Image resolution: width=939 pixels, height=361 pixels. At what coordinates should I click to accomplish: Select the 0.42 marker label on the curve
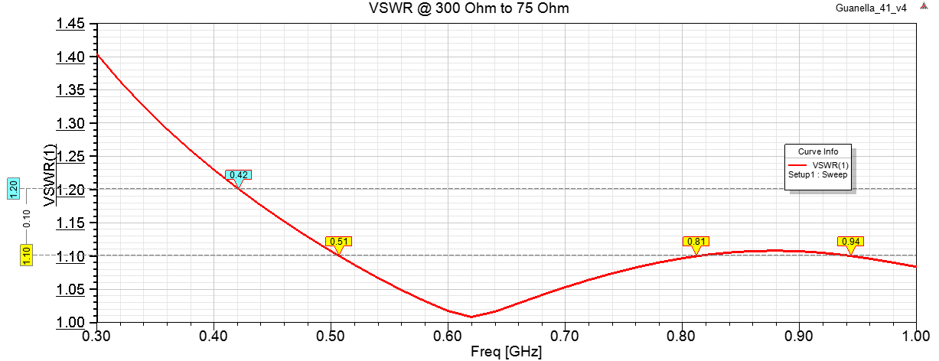coord(239,175)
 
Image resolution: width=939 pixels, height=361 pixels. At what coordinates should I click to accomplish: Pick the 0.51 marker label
coord(338,242)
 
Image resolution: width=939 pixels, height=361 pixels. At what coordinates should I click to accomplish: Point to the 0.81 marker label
coord(696,242)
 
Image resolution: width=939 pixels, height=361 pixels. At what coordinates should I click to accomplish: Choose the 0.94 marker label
coord(850,242)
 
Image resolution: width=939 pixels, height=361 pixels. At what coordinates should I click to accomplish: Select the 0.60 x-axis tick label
coord(448,336)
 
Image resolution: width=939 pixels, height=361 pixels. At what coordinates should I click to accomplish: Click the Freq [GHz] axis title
coord(507,353)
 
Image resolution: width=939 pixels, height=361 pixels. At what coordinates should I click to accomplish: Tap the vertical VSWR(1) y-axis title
coord(50,179)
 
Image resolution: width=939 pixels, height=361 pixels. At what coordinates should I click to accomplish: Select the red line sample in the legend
coord(798,164)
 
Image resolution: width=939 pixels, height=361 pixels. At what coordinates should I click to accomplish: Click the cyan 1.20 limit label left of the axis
coord(13,189)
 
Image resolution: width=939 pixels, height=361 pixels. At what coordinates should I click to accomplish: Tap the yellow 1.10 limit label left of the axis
coord(27,255)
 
